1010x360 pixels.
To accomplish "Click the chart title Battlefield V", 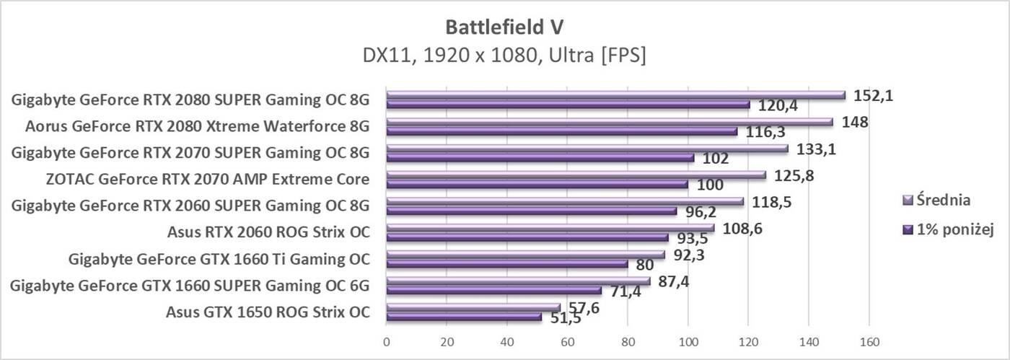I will (x=504, y=27).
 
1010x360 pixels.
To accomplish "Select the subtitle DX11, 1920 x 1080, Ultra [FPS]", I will (x=504, y=55).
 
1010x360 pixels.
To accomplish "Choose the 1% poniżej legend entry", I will (x=949, y=229).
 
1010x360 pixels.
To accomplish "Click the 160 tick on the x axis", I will (x=869, y=341).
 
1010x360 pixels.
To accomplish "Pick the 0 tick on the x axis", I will (x=387, y=341).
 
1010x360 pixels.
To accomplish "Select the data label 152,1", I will (x=873, y=95).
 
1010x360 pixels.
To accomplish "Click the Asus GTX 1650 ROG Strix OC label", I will (x=268, y=312).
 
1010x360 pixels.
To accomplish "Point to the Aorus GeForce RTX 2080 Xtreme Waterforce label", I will (x=197, y=126).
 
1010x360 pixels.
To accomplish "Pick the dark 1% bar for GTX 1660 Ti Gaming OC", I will (x=507, y=264).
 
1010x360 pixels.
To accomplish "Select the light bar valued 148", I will (x=610, y=123).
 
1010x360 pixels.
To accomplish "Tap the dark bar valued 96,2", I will (x=532, y=211).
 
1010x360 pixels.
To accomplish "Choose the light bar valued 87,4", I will (x=518, y=281).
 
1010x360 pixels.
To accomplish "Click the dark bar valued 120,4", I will (x=568, y=105).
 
